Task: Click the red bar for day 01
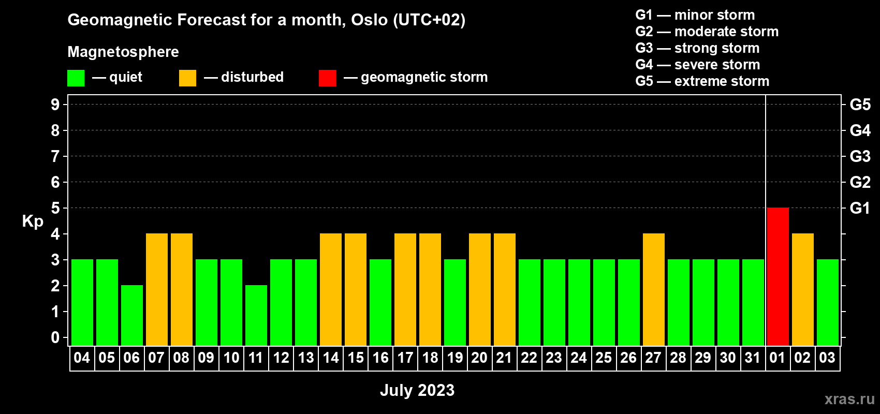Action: [x=778, y=276]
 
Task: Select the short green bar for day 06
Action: [x=131, y=315]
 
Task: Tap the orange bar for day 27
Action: [x=654, y=289]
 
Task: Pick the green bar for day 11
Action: [x=256, y=315]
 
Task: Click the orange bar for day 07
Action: [x=157, y=289]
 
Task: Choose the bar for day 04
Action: [x=82, y=302]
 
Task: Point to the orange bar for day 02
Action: [x=802, y=289]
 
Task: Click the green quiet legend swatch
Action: [x=76, y=78]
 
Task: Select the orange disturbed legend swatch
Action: [x=187, y=78]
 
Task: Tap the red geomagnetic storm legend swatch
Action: [x=327, y=78]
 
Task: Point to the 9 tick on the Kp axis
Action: [x=55, y=105]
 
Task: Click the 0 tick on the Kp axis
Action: [x=55, y=337]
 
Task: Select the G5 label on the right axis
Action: [x=860, y=105]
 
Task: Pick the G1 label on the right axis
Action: [x=860, y=208]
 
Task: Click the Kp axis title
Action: [x=32, y=221]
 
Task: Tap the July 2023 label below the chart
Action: [x=417, y=390]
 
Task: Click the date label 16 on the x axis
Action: [x=380, y=358]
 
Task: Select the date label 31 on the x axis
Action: [x=753, y=358]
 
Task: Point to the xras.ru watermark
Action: [x=849, y=399]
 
